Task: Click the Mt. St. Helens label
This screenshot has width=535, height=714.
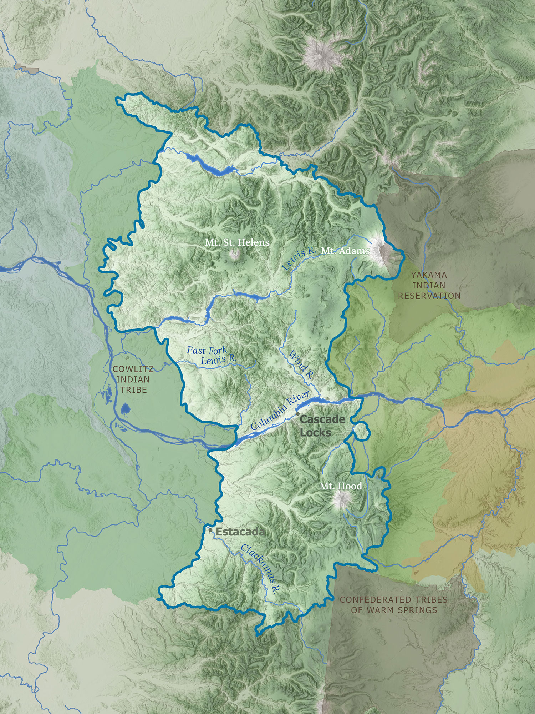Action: point(237,242)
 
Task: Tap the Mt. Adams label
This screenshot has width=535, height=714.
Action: point(345,251)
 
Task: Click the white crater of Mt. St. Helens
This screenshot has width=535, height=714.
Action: point(235,255)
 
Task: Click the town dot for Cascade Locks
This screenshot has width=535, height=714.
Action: point(298,413)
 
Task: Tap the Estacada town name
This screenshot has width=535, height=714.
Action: point(240,532)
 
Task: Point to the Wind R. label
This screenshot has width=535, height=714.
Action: point(301,365)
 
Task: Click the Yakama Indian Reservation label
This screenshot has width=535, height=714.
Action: point(429,285)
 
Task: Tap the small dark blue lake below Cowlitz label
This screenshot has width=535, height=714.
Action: point(125,408)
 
